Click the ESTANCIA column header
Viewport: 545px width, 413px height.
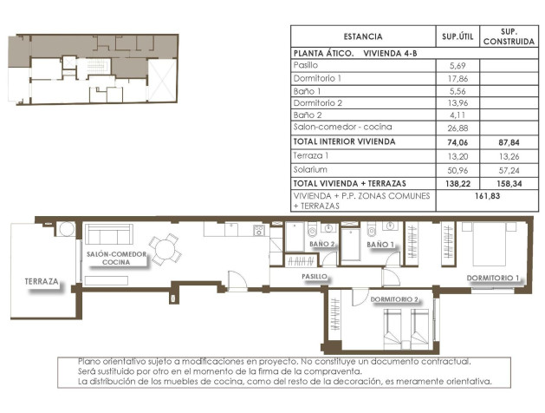coord(363,36)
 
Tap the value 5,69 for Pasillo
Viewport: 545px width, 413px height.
coord(457,66)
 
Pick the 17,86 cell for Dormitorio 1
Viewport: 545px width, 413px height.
coord(457,78)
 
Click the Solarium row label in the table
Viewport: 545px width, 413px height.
coord(309,170)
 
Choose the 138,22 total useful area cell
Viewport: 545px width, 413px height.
coord(457,184)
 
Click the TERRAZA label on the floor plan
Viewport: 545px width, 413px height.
coord(42,282)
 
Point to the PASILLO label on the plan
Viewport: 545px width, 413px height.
coord(315,277)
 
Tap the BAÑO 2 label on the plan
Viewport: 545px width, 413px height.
coord(321,245)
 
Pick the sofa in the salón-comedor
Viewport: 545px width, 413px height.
coord(108,235)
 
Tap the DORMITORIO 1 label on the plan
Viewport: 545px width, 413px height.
coord(492,278)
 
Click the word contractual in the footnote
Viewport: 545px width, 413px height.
coord(442,361)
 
